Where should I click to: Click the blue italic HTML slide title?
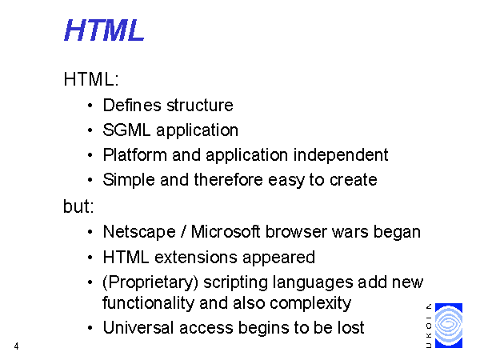coord(104,30)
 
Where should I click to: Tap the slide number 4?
coord(16,346)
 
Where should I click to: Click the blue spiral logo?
coord(449,326)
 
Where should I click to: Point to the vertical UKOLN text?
coord(429,326)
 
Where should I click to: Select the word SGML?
coord(126,130)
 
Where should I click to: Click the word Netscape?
coord(139,232)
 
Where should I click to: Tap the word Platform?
coord(134,154)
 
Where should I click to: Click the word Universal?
coord(138,327)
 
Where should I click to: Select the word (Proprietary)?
coord(150,282)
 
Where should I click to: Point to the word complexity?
coord(310,304)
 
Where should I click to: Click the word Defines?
coord(132,105)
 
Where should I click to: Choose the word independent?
coord(341,155)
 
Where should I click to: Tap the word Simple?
coord(129,180)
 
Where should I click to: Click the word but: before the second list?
coord(78,206)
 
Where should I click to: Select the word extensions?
coord(196,257)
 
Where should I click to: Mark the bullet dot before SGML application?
coord(90,130)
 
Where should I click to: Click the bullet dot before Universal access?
coord(90,328)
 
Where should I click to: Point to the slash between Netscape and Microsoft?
coord(183,232)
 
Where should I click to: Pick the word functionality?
coord(148,303)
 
